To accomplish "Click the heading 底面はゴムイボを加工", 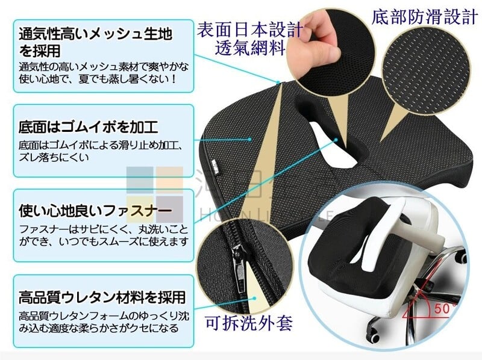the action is pos(88,127).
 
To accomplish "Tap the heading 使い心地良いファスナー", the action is pos(95,211).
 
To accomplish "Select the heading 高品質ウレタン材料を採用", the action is pos(102,297).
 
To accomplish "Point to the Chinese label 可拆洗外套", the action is pos(249,323).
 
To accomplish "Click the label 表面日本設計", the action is pos(249,29).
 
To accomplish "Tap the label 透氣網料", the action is pos(249,48).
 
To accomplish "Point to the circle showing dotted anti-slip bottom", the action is pos(426,70).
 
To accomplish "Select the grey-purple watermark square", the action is pos(169,209).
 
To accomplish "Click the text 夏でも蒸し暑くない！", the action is pos(127,79).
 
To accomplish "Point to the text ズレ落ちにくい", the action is pos(54,157).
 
